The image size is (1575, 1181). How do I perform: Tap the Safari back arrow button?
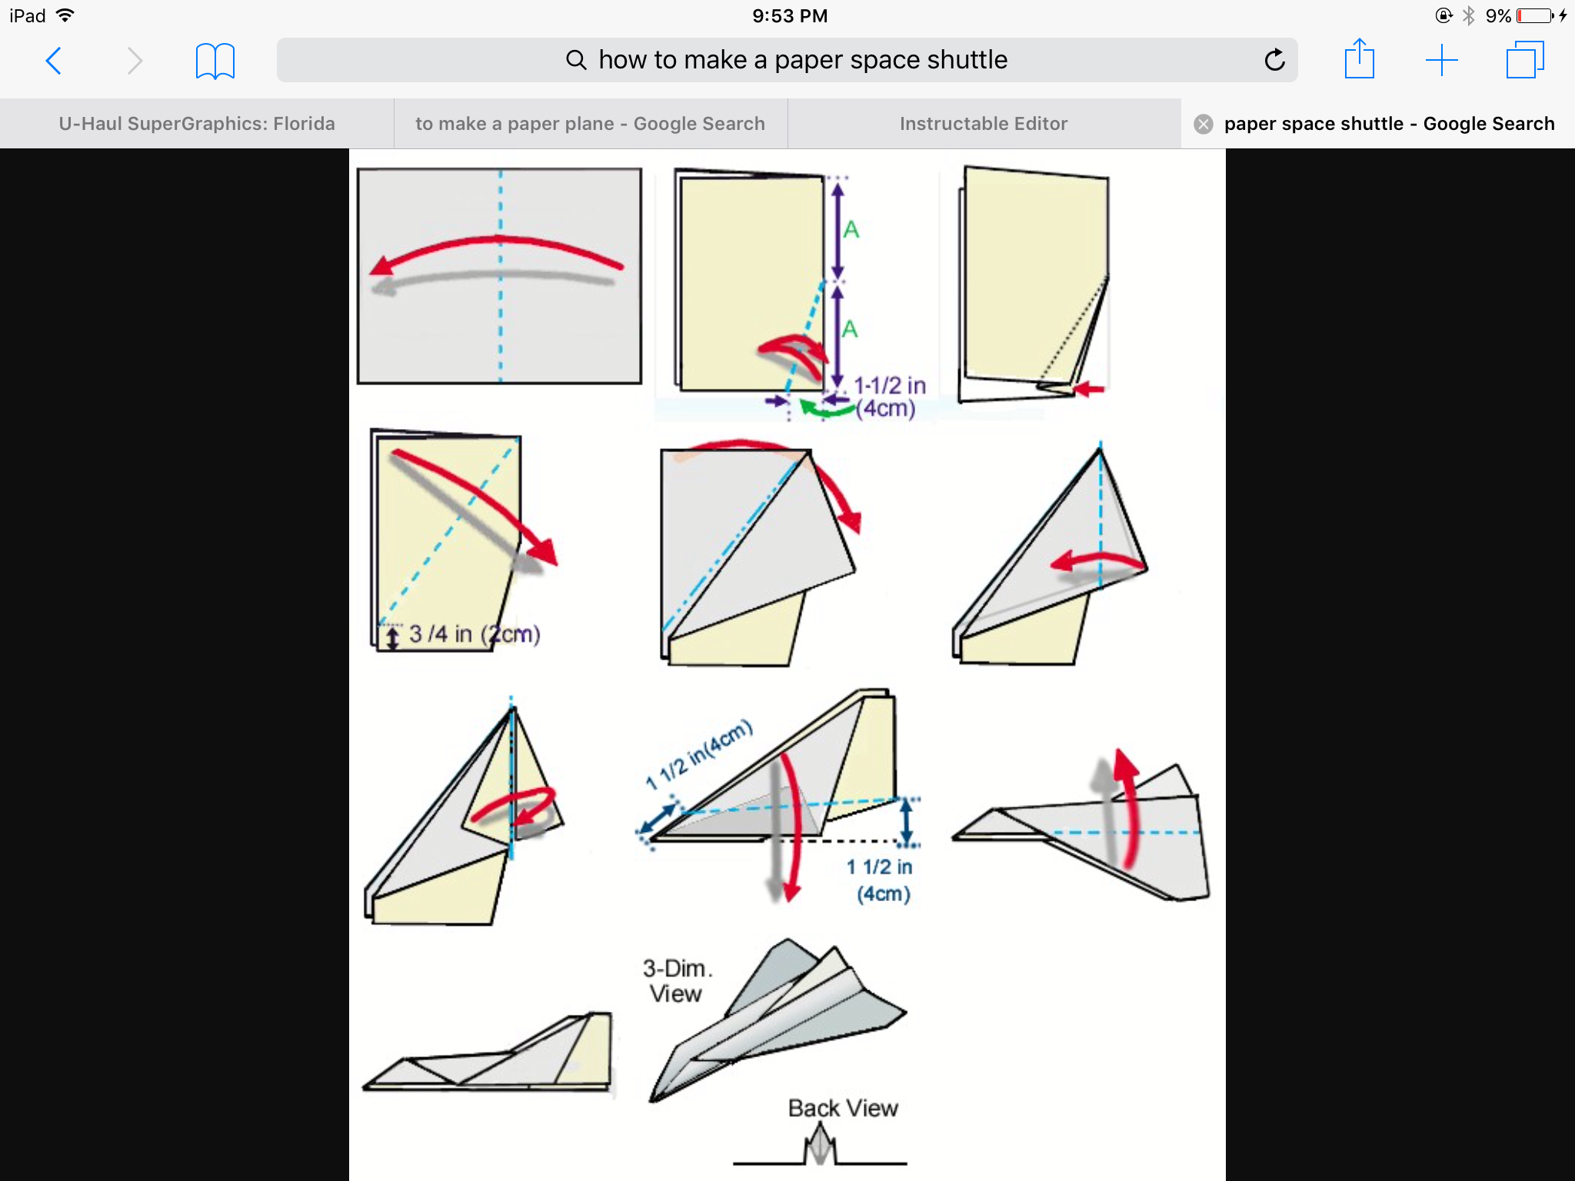point(54,61)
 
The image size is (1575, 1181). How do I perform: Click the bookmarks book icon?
point(215,61)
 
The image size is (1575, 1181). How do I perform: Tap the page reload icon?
point(1274,60)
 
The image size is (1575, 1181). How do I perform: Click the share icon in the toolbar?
point(1359,59)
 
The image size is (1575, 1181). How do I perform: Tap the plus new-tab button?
point(1441,60)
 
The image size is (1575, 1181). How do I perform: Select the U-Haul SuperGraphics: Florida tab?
point(197,124)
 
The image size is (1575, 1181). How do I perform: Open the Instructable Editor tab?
point(984,124)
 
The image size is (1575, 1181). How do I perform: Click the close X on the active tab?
point(1204,124)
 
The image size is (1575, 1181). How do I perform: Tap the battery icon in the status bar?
point(1536,15)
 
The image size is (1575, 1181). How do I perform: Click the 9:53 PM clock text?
point(790,15)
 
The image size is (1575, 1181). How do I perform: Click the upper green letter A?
point(851,229)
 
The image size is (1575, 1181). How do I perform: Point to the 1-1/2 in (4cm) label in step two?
point(888,397)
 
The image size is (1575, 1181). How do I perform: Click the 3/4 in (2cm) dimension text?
point(474,634)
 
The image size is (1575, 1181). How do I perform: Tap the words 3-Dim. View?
point(677,980)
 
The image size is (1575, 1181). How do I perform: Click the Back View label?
point(843,1108)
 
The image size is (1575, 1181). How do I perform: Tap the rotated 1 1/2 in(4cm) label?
point(699,754)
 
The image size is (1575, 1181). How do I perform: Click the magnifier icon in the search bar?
point(576,60)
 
